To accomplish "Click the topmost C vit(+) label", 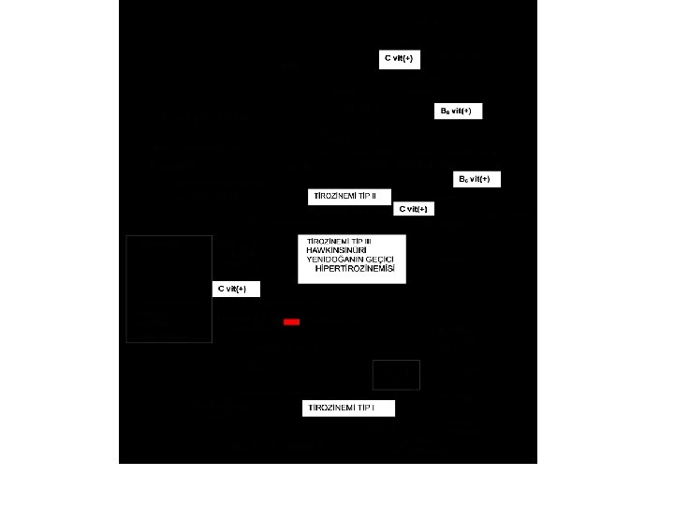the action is pyautogui.click(x=399, y=59).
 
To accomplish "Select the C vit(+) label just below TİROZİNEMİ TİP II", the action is pyautogui.click(x=414, y=209).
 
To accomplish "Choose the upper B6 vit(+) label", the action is pyautogui.click(x=458, y=112).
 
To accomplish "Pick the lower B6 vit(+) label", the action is pyautogui.click(x=476, y=179).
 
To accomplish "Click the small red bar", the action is pyautogui.click(x=291, y=321).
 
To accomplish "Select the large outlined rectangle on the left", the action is pyautogui.click(x=168, y=289).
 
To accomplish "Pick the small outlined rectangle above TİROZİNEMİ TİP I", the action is pyautogui.click(x=396, y=374).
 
